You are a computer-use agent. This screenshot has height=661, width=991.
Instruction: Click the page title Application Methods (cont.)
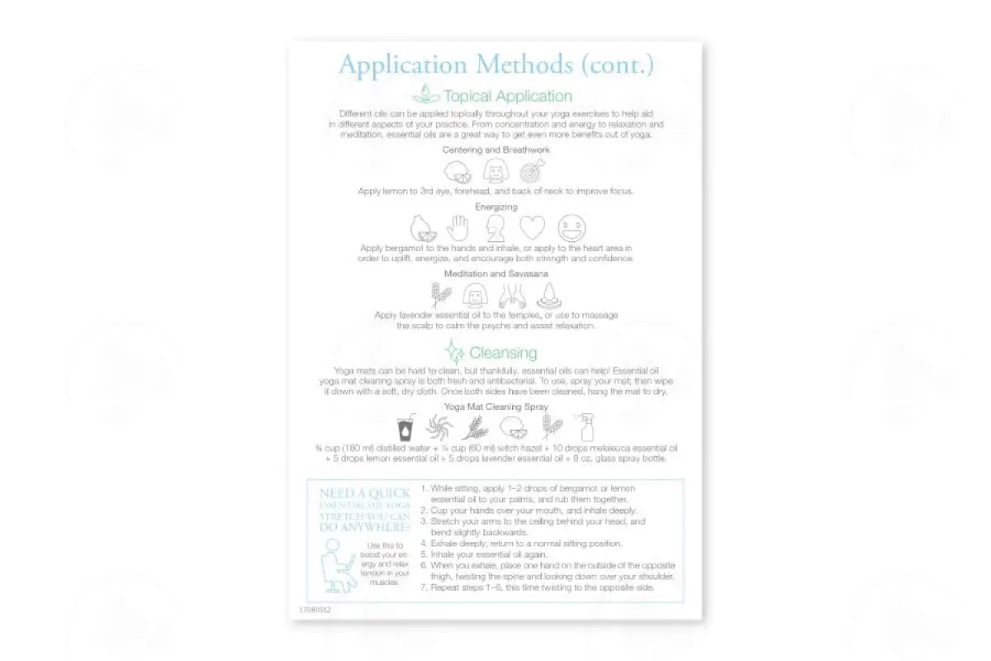495,64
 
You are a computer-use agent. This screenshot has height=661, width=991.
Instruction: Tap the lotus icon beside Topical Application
425,94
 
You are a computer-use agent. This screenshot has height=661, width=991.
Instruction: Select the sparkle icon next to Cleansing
453,352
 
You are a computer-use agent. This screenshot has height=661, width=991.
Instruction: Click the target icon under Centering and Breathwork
532,171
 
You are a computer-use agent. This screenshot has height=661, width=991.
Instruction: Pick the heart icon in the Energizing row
533,227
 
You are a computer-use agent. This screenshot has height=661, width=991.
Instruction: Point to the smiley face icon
571,227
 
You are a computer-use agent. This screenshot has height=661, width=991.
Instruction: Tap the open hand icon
458,227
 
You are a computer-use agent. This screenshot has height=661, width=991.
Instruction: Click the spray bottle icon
586,427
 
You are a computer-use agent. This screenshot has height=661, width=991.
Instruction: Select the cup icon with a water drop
405,428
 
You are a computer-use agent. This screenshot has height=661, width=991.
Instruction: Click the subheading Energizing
495,207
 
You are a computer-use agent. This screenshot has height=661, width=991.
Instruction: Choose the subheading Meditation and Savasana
495,273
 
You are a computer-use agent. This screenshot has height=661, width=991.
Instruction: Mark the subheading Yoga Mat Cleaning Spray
495,407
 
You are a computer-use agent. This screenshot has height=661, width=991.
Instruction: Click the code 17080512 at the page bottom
315,610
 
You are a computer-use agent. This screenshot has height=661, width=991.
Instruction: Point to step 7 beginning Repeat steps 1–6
542,587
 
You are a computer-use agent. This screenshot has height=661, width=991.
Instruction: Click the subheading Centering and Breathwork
495,150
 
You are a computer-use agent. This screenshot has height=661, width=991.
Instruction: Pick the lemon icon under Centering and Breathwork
458,172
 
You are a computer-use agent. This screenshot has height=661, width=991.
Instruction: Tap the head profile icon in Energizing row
495,227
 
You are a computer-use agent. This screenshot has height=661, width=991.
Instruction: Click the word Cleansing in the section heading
503,353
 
